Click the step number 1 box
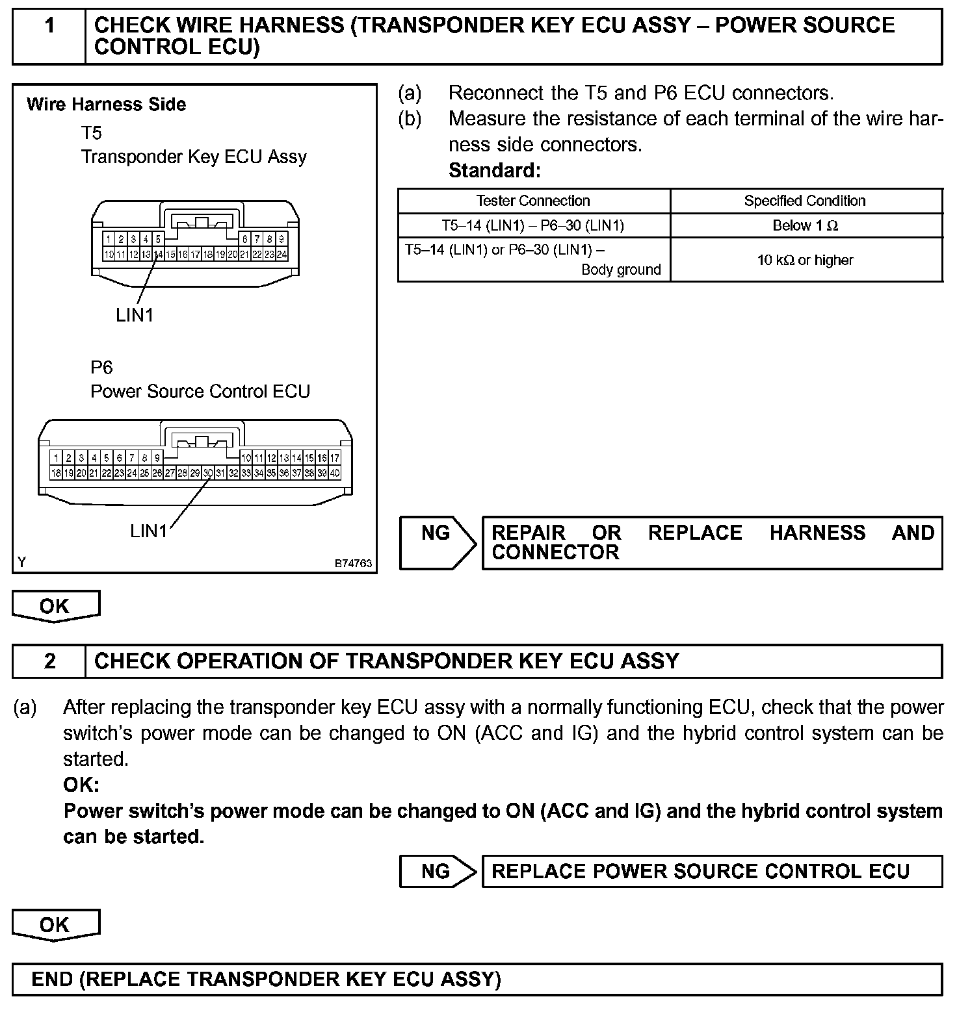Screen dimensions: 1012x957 [x=49, y=27]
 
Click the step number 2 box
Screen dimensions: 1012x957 [x=49, y=661]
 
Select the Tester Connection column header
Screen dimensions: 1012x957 [x=533, y=201]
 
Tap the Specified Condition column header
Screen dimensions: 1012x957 [x=805, y=201]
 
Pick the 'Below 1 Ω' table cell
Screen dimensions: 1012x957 [x=805, y=225]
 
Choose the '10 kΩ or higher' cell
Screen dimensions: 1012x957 [x=805, y=260]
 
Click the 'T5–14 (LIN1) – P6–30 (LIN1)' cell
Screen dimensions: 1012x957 [x=533, y=225]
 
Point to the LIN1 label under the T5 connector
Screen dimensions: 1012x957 [x=135, y=315]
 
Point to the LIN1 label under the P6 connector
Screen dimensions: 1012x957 [x=148, y=531]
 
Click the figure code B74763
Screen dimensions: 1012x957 [x=353, y=563]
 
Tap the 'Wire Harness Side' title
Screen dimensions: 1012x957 [x=107, y=105]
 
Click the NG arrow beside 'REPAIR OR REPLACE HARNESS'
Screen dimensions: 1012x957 [x=437, y=542]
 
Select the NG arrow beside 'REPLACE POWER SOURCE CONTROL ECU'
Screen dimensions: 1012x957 [x=437, y=871]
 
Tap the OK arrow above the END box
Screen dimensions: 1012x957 [x=55, y=925]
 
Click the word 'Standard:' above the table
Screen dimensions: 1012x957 [x=495, y=171]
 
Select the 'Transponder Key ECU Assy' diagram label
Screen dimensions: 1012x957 [x=194, y=157]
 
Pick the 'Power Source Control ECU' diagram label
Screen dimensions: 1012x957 [x=200, y=392]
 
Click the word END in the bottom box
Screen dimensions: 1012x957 [x=52, y=979]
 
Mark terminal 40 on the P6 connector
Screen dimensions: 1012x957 [x=335, y=474]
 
